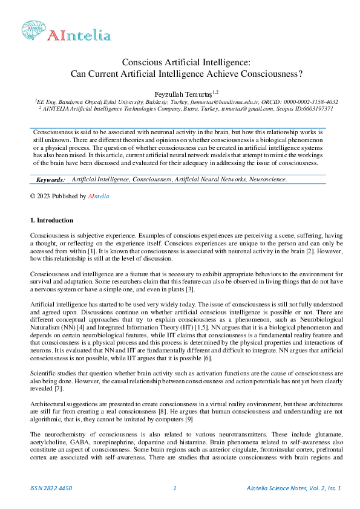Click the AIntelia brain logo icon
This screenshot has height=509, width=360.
(x=33, y=28)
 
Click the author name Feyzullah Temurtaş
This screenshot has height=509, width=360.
(x=182, y=94)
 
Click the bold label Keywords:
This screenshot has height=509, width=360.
(x=50, y=180)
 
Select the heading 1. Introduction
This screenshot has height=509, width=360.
(x=52, y=220)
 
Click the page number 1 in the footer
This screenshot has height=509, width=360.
(x=174, y=488)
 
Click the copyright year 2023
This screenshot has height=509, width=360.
(x=45, y=196)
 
